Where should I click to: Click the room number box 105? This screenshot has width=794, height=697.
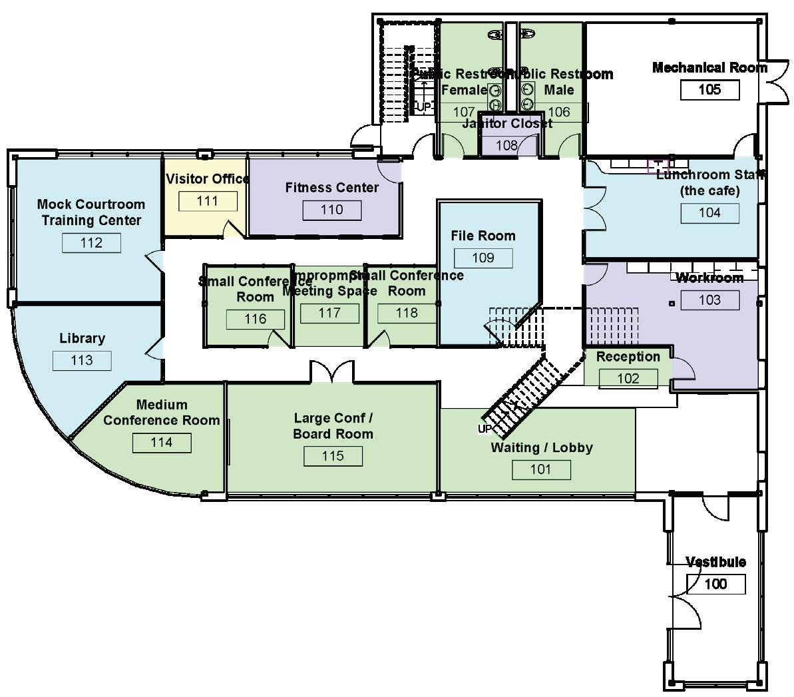coord(709,89)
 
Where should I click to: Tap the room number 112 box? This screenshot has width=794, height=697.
coord(91,242)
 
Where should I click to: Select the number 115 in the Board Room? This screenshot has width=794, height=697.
coord(333,455)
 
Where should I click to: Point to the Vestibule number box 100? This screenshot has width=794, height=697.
coord(715,584)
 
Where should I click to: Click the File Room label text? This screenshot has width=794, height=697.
coord(483,236)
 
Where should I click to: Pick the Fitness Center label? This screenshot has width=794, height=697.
coord(331,188)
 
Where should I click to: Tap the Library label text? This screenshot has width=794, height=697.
coord(82,338)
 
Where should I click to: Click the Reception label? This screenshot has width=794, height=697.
coord(628,357)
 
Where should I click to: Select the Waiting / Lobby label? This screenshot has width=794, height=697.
coord(542,447)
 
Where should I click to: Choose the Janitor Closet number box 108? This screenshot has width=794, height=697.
coord(506,145)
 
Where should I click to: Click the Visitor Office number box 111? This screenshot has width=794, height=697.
coord(208,200)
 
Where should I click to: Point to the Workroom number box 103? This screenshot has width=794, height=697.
coord(709,300)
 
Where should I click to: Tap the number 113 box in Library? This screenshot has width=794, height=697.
coord(82,360)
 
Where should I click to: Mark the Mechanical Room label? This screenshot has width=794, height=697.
coord(709,67)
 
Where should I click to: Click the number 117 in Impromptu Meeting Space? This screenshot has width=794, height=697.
coord(329,313)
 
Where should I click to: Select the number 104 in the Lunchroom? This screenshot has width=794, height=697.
coord(709,212)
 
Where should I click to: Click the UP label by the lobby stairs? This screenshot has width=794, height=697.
coord(485,429)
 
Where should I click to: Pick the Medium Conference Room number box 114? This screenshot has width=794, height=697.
coord(162,442)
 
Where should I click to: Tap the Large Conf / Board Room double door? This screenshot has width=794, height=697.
coord(331,373)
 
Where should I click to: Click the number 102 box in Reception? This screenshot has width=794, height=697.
coord(628,378)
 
